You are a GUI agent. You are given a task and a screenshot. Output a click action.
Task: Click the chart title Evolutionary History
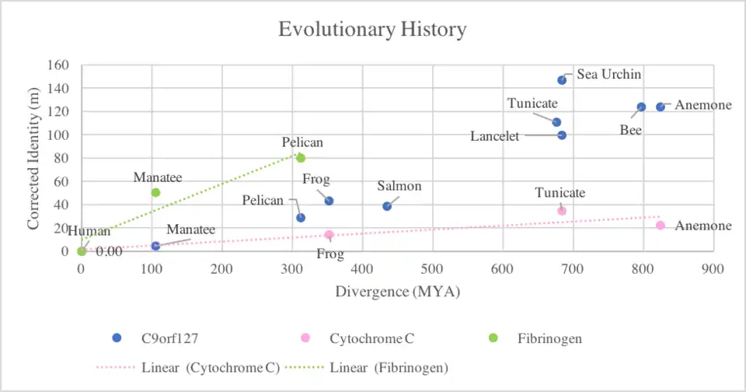tap(372, 30)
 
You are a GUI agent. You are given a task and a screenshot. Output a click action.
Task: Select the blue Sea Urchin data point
tap(562, 80)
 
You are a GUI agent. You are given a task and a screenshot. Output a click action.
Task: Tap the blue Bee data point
tap(641, 107)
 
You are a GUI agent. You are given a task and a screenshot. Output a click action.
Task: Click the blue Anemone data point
tap(661, 107)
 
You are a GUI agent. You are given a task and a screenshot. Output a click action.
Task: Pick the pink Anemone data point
tap(661, 226)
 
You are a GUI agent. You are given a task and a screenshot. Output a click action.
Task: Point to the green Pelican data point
tap(301, 158)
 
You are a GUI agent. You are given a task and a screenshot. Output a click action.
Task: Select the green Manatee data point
tap(155, 193)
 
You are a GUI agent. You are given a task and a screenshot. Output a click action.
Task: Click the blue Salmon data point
tap(387, 206)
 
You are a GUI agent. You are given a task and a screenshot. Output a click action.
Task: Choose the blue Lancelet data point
tap(562, 135)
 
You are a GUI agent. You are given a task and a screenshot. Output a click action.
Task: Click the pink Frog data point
tap(329, 235)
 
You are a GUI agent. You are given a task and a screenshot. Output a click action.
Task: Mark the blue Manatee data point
tap(155, 246)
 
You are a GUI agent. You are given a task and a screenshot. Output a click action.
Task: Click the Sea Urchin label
tap(608, 75)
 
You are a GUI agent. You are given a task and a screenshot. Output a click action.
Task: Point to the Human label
tap(89, 231)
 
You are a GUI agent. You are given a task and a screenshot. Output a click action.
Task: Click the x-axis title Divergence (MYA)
tap(397, 292)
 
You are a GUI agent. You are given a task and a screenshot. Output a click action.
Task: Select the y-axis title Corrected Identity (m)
tap(33, 159)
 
